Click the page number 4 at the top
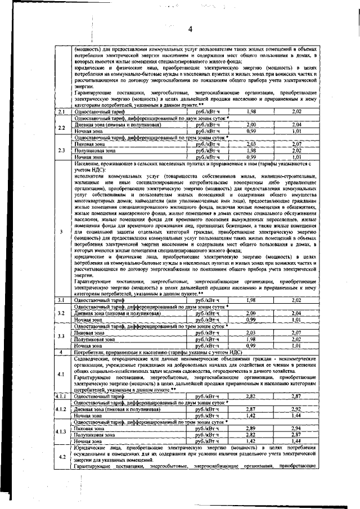click(x=190, y=29)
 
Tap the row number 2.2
click(x=60, y=128)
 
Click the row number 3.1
click(x=60, y=300)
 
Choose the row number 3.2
click(x=60, y=316)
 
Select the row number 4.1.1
click(x=60, y=397)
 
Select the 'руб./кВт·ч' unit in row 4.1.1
click(x=206, y=397)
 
